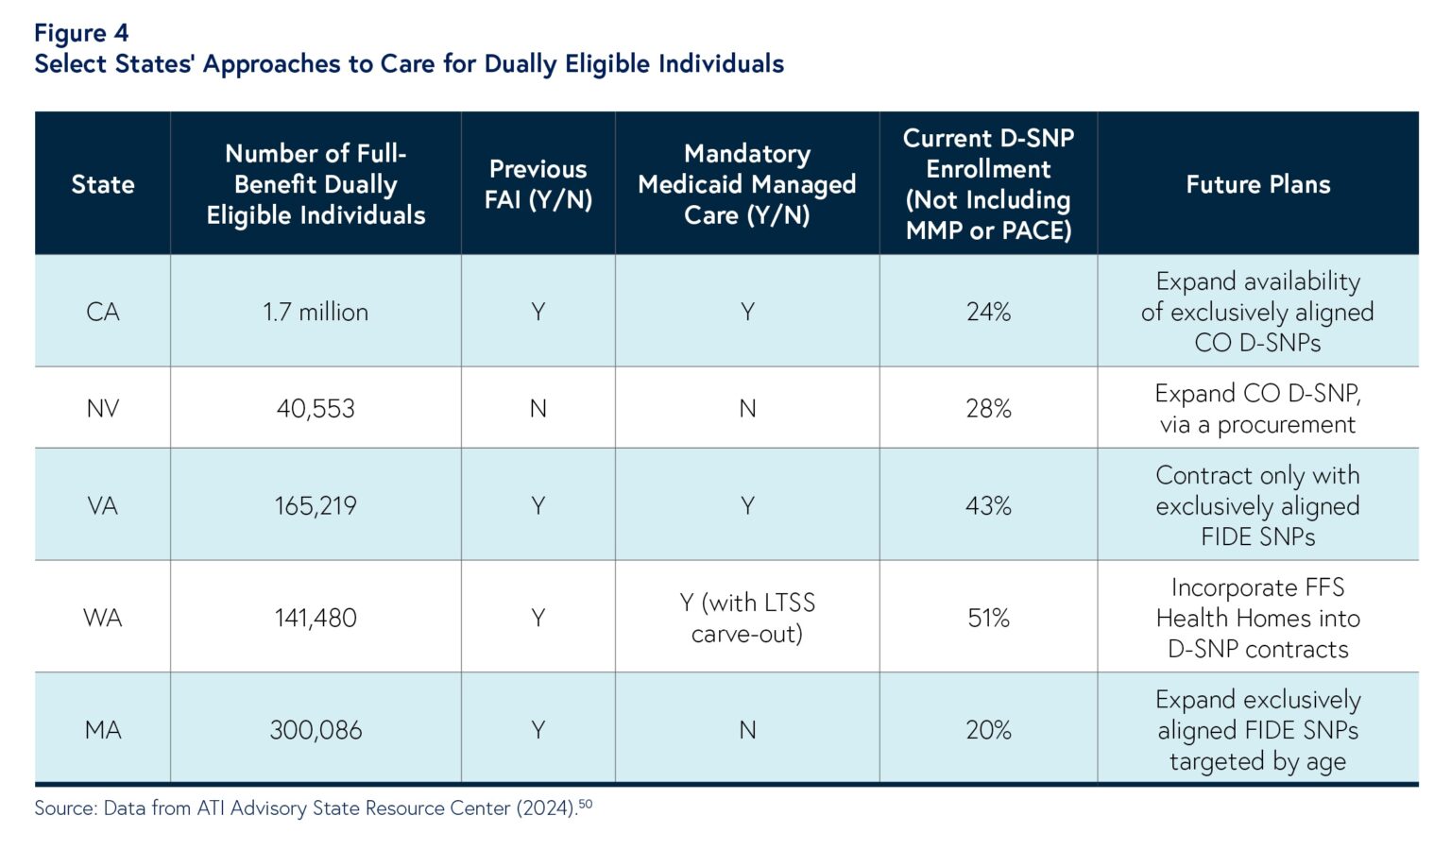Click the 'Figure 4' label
pyautogui.click(x=81, y=33)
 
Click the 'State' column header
pyautogui.click(x=103, y=184)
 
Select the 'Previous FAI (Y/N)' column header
pyautogui.click(x=538, y=184)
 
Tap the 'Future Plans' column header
pyautogui.click(x=1257, y=184)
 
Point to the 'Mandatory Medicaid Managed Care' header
pyautogui.click(x=746, y=184)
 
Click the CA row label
pyautogui.click(x=103, y=312)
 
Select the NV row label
pyautogui.click(x=103, y=408)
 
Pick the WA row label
pyautogui.click(x=103, y=618)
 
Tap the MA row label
pyautogui.click(x=103, y=730)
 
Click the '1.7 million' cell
pyautogui.click(x=316, y=312)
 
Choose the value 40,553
pyautogui.click(x=316, y=408)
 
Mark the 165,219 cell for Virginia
pyautogui.click(x=316, y=505)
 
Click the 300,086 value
pyautogui.click(x=316, y=730)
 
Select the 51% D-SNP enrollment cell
pyautogui.click(x=988, y=618)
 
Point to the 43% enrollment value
pyautogui.click(x=988, y=505)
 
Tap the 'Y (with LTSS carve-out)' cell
pyautogui.click(x=746, y=618)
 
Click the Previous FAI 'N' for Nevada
pyautogui.click(x=538, y=408)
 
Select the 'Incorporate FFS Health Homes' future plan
pyautogui.click(x=1257, y=618)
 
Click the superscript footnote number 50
pyautogui.click(x=586, y=804)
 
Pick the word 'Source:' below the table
pyautogui.click(x=65, y=808)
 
